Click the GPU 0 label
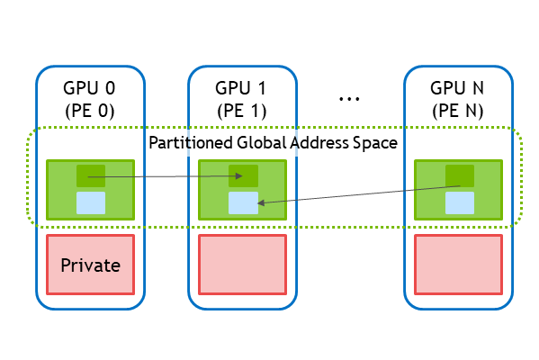(x=89, y=88)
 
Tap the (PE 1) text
(x=242, y=111)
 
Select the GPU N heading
(x=457, y=88)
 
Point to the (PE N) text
(x=458, y=111)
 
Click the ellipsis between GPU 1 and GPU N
(x=349, y=99)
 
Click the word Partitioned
(x=191, y=142)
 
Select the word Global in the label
(x=262, y=142)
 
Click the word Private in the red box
(x=90, y=265)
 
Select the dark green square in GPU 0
(x=91, y=175)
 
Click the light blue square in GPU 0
(x=91, y=202)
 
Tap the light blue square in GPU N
(x=460, y=202)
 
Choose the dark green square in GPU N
(x=460, y=175)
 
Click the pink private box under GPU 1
(x=242, y=265)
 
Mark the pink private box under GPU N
(x=458, y=265)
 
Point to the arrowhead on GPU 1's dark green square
(x=239, y=176)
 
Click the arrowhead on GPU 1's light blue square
(x=261, y=202)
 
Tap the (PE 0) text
(x=90, y=111)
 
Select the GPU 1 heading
(x=240, y=88)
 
